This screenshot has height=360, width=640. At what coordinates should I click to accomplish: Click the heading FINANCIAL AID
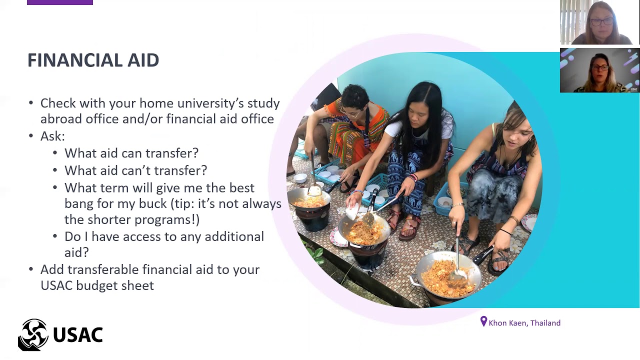point(93,60)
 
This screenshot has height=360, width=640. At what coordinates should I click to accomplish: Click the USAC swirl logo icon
point(33,334)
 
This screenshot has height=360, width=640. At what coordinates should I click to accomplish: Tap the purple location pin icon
point(483,322)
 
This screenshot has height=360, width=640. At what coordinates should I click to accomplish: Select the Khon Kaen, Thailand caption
point(524,323)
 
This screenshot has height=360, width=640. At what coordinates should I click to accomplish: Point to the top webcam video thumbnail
point(599,22)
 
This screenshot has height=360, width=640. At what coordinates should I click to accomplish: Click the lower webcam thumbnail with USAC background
point(599,70)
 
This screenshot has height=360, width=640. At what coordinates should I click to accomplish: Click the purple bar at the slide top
point(60,2)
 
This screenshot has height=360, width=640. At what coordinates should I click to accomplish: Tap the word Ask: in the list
point(52,136)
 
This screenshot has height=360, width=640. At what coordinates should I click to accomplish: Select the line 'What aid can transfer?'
point(131,153)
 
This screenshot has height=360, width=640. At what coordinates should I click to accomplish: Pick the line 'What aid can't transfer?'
point(135,170)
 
